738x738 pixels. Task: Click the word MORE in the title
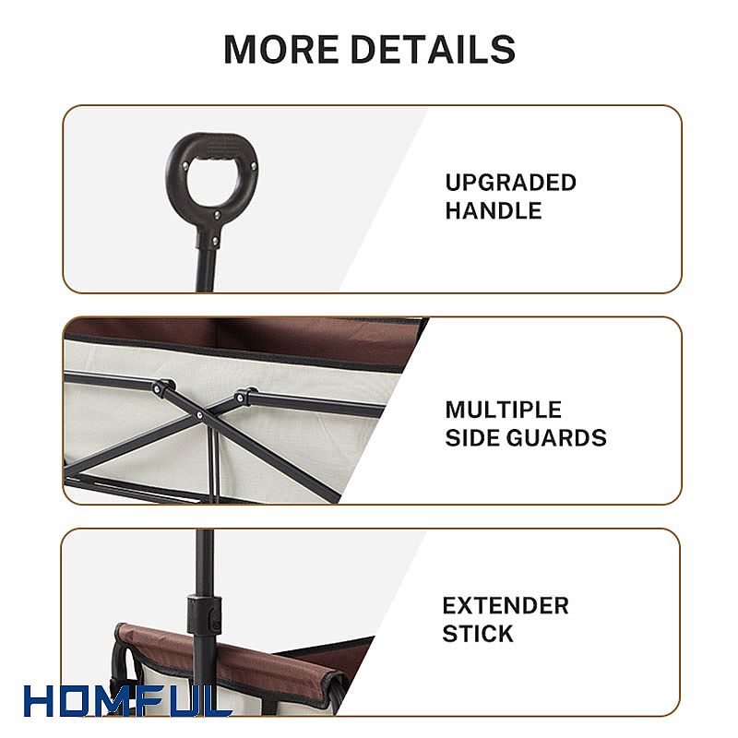click(x=281, y=49)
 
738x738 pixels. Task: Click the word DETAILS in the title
click(x=434, y=49)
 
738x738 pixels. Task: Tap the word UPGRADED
click(x=511, y=183)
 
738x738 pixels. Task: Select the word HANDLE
click(x=494, y=210)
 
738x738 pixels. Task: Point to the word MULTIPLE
click(x=503, y=410)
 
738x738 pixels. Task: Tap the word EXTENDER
click(x=506, y=605)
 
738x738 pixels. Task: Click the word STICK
click(x=477, y=634)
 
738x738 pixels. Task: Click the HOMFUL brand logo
click(x=127, y=701)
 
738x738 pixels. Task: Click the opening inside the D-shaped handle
click(x=213, y=181)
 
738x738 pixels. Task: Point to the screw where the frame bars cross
click(x=200, y=415)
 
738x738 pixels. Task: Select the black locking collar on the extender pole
click(x=204, y=615)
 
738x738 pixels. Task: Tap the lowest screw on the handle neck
click(x=215, y=242)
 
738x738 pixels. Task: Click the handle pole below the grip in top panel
click(x=205, y=268)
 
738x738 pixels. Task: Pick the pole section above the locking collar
click(x=205, y=563)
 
